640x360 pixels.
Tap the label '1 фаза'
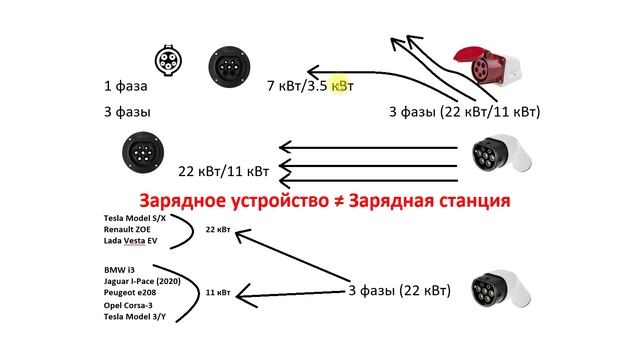122,86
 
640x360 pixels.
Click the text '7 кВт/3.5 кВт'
311,86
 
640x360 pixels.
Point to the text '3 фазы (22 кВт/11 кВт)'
464,113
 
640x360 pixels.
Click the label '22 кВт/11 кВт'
224,169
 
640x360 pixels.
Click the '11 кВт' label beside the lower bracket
217,293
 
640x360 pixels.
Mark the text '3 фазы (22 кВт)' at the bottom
399,291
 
